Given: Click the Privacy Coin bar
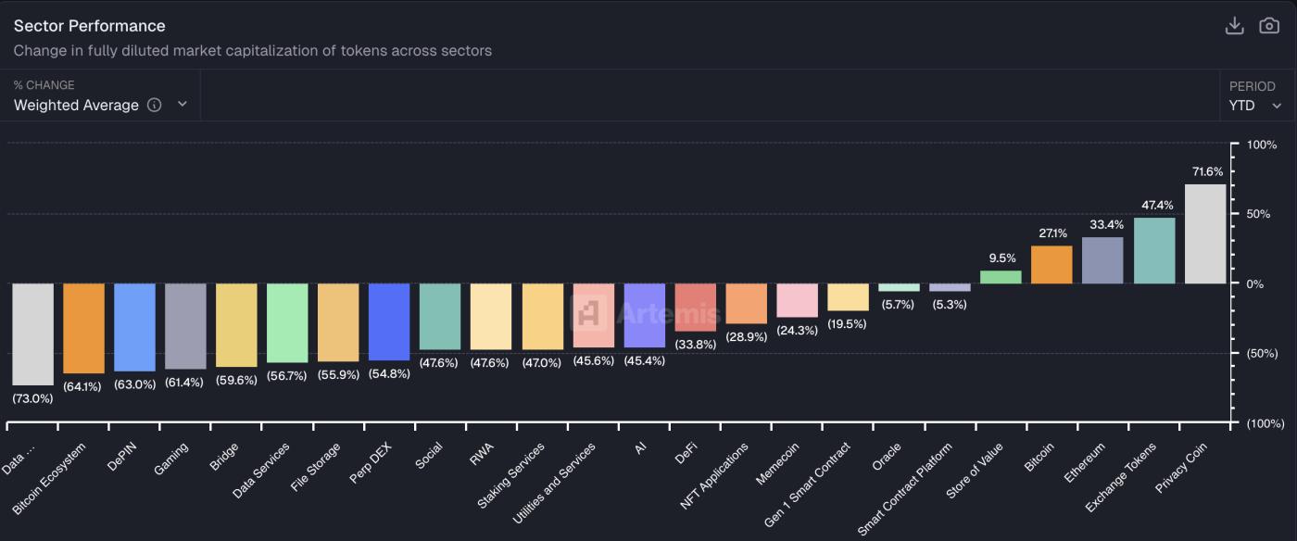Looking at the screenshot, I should pyautogui.click(x=1205, y=233).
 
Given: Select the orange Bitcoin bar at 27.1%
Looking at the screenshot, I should pyautogui.click(x=1051, y=265).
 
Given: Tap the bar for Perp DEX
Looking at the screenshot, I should pyautogui.click(x=389, y=321).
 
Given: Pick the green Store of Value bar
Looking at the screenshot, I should pyautogui.click(x=1001, y=277).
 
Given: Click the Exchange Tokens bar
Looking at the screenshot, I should pyautogui.click(x=1154, y=250).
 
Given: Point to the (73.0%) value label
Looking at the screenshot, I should pyautogui.click(x=32, y=398).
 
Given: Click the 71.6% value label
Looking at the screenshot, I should pyautogui.click(x=1207, y=171).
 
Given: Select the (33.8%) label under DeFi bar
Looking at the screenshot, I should pyautogui.click(x=695, y=345).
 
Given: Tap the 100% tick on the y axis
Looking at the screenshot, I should pyautogui.click(x=1261, y=145).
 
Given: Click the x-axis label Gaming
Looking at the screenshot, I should pyautogui.click(x=172, y=458).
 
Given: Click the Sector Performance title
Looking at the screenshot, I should pyautogui.click(x=89, y=26).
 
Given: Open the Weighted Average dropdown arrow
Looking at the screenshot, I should pyautogui.click(x=183, y=105).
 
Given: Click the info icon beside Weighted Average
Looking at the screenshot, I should pyautogui.click(x=155, y=105).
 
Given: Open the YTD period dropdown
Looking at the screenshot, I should pyautogui.click(x=1255, y=106).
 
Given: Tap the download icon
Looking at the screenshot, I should pyautogui.click(x=1234, y=26).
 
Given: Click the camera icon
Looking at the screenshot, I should pyautogui.click(x=1269, y=26).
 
